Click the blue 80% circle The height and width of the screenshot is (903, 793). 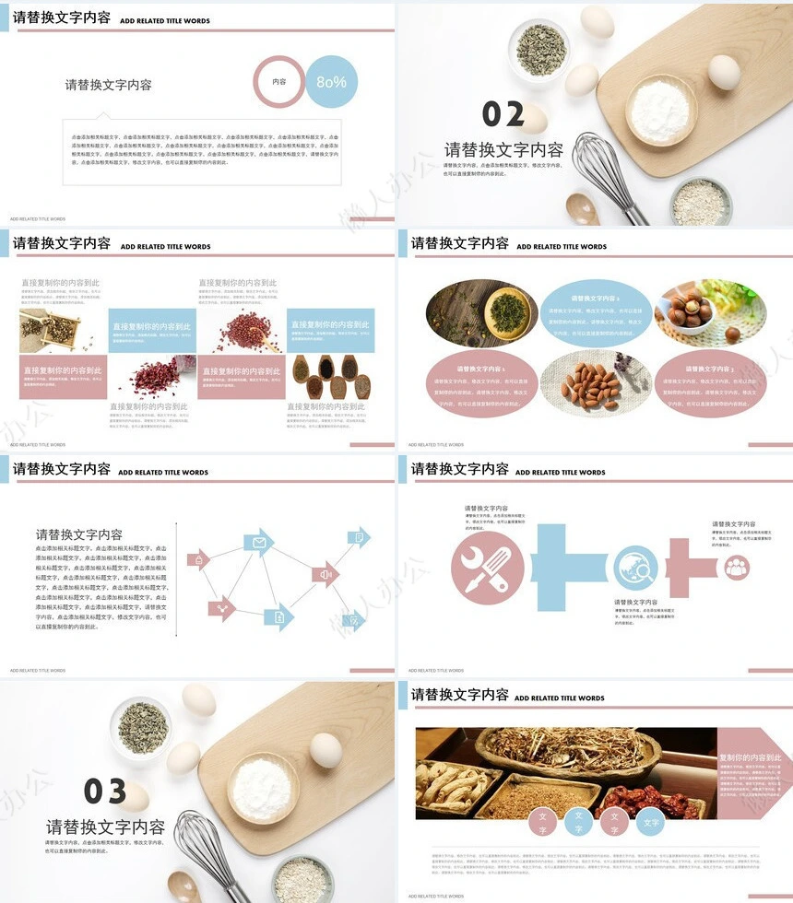pos(331,82)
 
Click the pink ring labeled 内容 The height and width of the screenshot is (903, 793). pos(278,82)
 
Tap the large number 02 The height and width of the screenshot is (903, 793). pos(503,115)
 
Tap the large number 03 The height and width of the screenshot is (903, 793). pos(105,791)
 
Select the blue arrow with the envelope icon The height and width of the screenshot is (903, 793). pos(259,543)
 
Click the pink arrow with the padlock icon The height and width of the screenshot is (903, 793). pos(198,559)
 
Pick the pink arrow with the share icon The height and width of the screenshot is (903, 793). pos(221,607)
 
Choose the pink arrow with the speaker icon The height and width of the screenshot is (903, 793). pos(325,576)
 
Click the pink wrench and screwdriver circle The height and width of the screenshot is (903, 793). pos(488,568)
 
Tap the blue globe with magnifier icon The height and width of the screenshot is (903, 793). pos(636,568)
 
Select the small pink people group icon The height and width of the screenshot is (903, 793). pos(736,568)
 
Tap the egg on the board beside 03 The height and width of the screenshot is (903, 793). pos(325,750)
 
